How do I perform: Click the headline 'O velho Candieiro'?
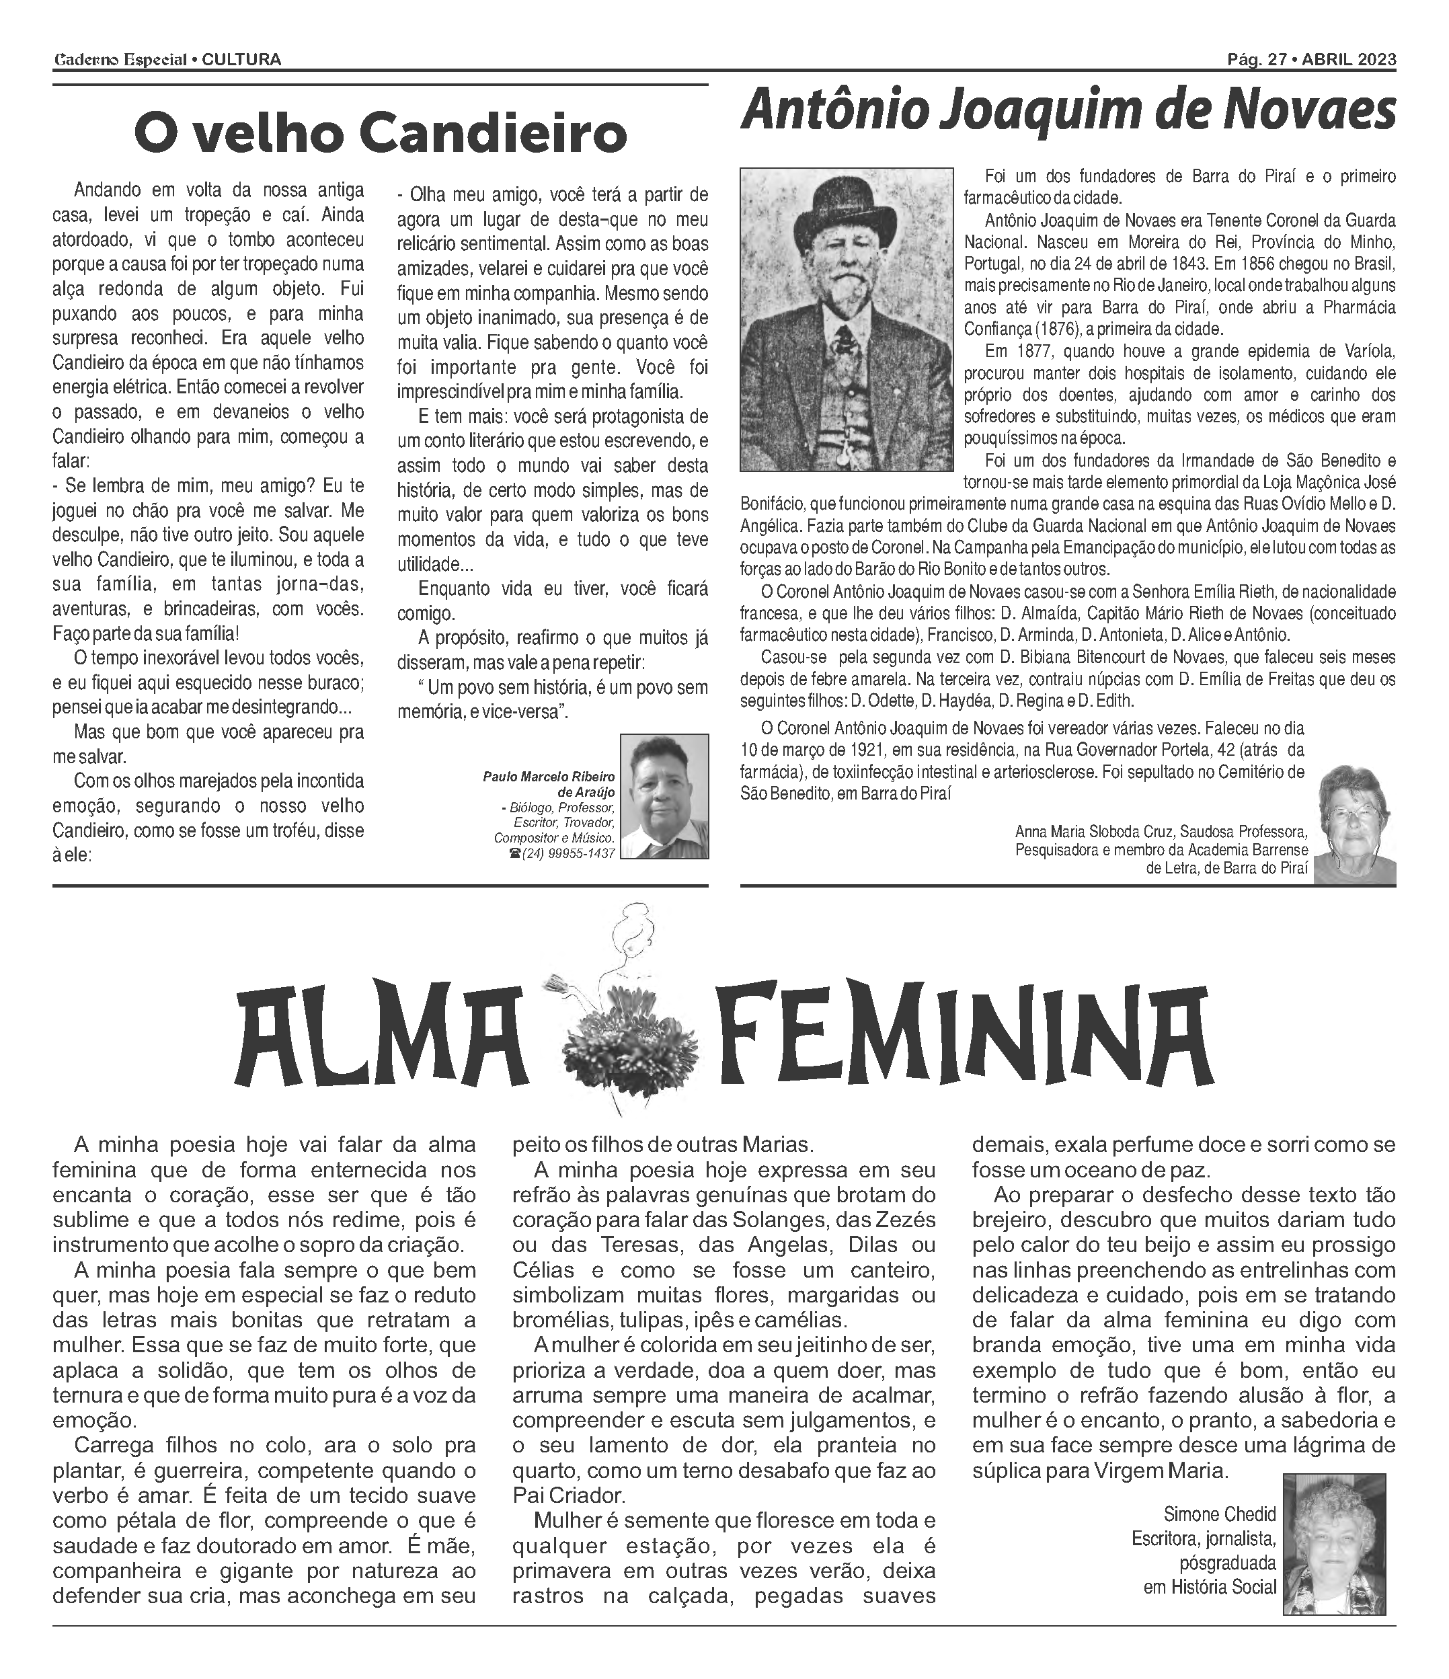pos(380,134)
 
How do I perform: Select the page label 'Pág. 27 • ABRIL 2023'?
pos(1311,59)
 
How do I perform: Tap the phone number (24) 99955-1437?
pos(566,853)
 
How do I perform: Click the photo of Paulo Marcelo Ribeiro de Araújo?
pos(664,795)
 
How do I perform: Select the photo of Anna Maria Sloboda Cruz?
pos(1354,824)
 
